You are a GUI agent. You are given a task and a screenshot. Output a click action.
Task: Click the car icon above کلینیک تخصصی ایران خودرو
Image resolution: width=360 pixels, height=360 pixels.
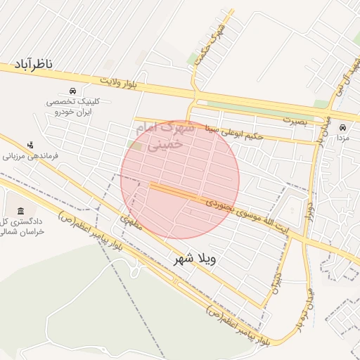tap(73, 91)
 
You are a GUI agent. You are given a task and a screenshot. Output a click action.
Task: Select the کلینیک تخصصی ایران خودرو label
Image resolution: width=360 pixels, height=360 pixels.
tap(73, 107)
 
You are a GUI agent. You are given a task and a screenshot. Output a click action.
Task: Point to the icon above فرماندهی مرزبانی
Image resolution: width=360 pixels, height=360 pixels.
tap(30, 144)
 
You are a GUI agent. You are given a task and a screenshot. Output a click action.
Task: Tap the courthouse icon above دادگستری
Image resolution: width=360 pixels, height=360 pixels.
tap(20, 212)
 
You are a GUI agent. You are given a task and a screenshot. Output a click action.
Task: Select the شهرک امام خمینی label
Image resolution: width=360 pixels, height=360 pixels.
tap(167, 136)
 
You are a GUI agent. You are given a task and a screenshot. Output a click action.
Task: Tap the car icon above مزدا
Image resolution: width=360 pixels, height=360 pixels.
tap(342, 128)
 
